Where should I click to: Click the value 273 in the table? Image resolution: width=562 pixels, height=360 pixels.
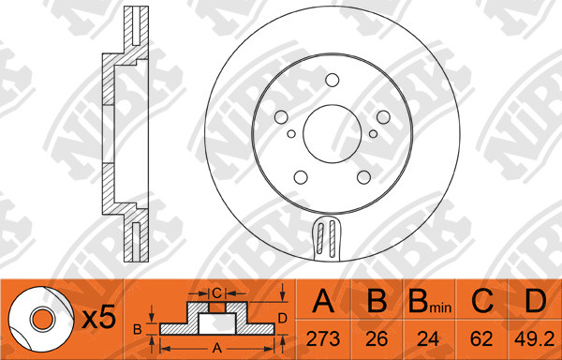click(x=323, y=338)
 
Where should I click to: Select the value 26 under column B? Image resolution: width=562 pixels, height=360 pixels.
click(x=377, y=338)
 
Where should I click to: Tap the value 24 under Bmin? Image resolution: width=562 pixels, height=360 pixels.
click(x=428, y=338)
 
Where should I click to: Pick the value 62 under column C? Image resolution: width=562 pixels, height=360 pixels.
click(x=481, y=338)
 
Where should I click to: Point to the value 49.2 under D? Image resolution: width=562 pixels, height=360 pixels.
click(x=535, y=338)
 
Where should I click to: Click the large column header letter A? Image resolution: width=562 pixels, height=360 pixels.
click(x=323, y=300)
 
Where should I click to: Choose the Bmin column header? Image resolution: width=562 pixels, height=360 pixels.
click(x=429, y=301)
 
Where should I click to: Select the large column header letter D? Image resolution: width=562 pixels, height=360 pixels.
click(x=535, y=300)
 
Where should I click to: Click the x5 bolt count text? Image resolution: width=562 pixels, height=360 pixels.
click(x=98, y=318)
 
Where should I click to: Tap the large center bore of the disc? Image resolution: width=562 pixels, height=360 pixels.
click(x=332, y=134)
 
